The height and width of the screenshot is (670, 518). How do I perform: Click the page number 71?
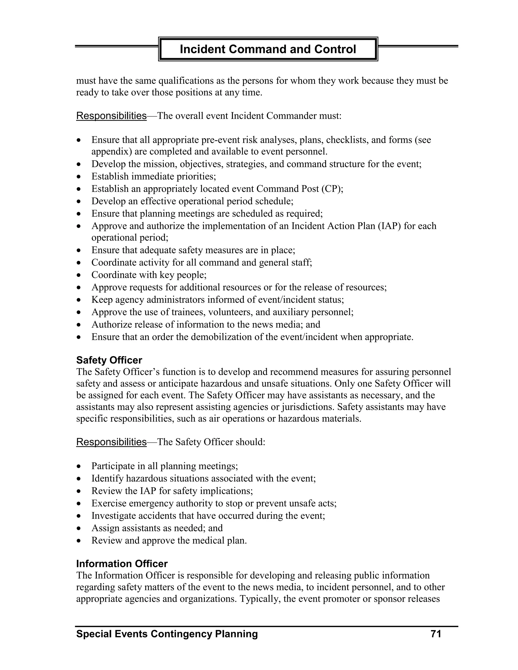(436, 634)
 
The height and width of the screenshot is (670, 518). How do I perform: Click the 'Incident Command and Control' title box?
(268, 49)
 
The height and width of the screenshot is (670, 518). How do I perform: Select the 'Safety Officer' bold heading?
(109, 360)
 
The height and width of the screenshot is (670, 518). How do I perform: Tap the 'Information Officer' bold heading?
(122, 564)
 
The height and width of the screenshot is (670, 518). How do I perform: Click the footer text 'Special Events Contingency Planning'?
(167, 634)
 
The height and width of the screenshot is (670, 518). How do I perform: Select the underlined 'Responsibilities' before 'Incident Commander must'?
(111, 116)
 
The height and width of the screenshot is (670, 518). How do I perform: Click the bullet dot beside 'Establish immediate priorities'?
(79, 177)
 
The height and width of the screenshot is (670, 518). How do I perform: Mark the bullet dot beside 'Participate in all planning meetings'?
(79, 467)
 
